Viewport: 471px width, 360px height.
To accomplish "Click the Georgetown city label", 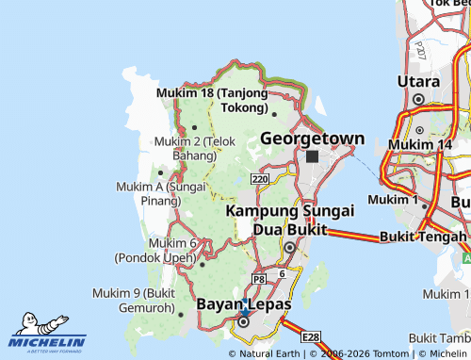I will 312,139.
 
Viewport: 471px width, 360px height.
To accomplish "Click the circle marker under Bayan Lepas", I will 243,321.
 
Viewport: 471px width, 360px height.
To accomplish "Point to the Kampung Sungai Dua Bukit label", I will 277,220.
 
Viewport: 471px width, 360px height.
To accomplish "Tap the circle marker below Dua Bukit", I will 290,247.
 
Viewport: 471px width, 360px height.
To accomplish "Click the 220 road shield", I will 260,178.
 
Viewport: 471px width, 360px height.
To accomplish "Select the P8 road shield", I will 259,279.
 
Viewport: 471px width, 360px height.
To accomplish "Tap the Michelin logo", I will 48,330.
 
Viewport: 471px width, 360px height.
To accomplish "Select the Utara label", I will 418,82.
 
